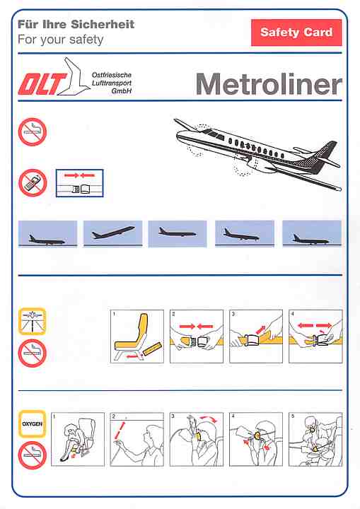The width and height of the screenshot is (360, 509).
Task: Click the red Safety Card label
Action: tap(296, 33)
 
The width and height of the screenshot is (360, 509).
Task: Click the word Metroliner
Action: tap(269, 84)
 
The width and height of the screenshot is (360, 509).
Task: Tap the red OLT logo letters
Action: tap(42, 84)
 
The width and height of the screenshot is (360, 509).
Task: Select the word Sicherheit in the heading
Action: tap(103, 24)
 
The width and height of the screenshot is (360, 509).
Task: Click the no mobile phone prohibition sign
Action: tap(33, 183)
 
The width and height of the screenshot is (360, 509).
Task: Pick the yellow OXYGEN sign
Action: tap(32, 424)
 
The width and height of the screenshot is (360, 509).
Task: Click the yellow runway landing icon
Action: tap(32, 321)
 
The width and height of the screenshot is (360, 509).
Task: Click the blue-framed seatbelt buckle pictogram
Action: tap(80, 183)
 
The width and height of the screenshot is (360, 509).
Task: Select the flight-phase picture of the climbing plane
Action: tap(112, 233)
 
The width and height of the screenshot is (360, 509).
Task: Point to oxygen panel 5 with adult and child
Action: tap(315, 439)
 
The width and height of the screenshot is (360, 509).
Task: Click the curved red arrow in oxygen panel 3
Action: tap(208, 418)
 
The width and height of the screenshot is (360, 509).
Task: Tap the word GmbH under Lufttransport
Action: tap(121, 91)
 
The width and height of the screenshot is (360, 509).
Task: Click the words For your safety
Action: tap(60, 40)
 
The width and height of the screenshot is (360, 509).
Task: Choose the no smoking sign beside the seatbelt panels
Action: tap(32, 353)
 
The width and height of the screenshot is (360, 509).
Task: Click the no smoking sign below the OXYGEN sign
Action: tap(32, 455)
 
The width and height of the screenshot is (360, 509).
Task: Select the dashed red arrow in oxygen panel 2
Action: tap(120, 431)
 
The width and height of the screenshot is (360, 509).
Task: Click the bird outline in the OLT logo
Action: tap(74, 77)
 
